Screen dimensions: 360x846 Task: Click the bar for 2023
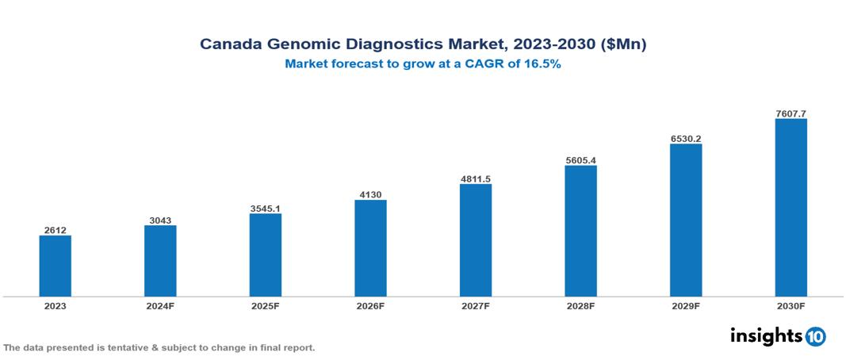pyautogui.click(x=56, y=266)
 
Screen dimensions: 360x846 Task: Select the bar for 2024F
pyautogui.click(x=160, y=261)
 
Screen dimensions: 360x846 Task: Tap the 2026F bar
pyautogui.click(x=370, y=248)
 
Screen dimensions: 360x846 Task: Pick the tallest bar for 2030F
pyautogui.click(x=790, y=208)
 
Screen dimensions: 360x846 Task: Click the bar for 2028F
pyautogui.click(x=580, y=231)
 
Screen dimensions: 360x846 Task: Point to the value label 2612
pyautogui.click(x=56, y=230)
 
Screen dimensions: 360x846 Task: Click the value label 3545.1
pyautogui.click(x=266, y=208)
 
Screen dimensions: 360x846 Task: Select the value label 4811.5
pyautogui.click(x=476, y=178)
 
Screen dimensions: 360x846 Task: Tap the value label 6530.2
pyautogui.click(x=686, y=138)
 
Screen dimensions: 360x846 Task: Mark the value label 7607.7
pyautogui.click(x=790, y=113)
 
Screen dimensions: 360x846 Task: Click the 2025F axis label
pyautogui.click(x=266, y=306)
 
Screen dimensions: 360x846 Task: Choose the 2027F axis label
pyautogui.click(x=476, y=306)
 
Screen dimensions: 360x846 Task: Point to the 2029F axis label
pyautogui.click(x=686, y=306)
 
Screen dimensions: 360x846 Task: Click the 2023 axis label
pyautogui.click(x=56, y=306)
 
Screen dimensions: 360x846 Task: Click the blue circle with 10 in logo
pyautogui.click(x=816, y=336)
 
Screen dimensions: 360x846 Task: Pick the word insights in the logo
pyautogui.click(x=766, y=335)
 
